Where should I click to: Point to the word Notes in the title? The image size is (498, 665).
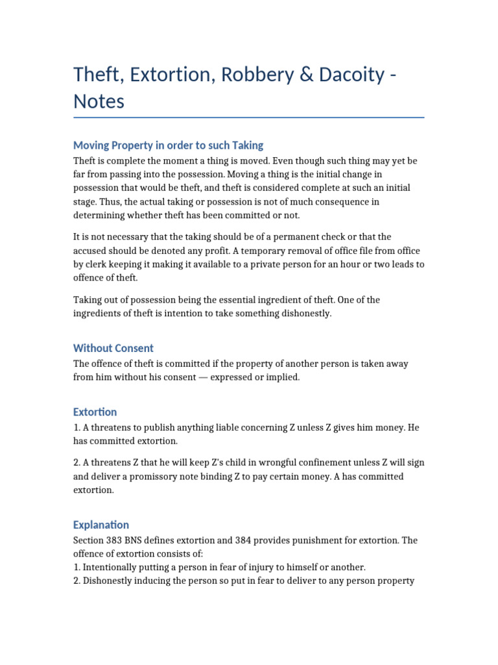[99, 102]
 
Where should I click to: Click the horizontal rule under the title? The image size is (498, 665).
[249, 118]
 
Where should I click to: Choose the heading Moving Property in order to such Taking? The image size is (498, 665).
[168, 145]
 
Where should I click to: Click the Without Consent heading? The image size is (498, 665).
[113, 347]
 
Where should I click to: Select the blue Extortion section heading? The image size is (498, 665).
[95, 412]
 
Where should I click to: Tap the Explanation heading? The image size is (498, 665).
[101, 524]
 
